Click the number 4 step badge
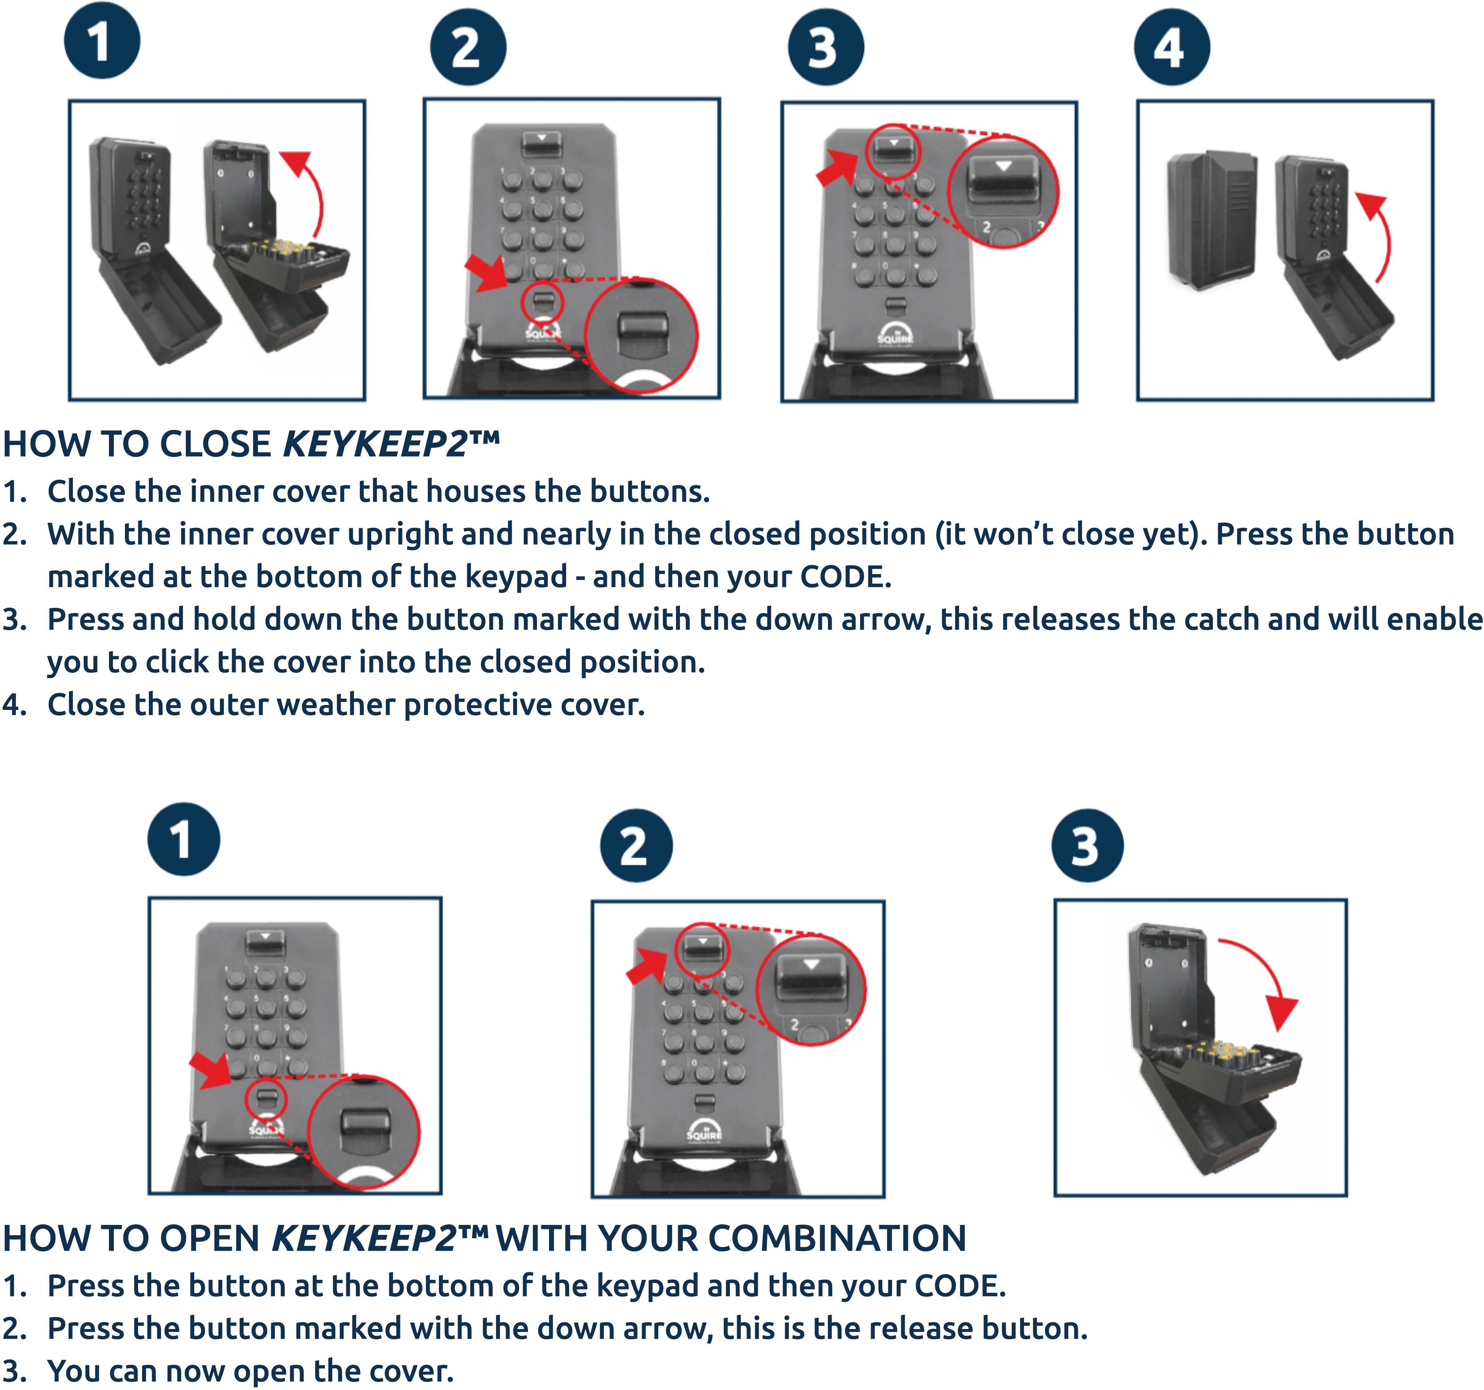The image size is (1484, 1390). tap(1171, 47)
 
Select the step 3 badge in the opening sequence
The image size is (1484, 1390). tap(1087, 845)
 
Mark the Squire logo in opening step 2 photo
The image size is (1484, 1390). tap(703, 1129)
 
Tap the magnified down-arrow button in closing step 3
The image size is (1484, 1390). tap(1003, 182)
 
